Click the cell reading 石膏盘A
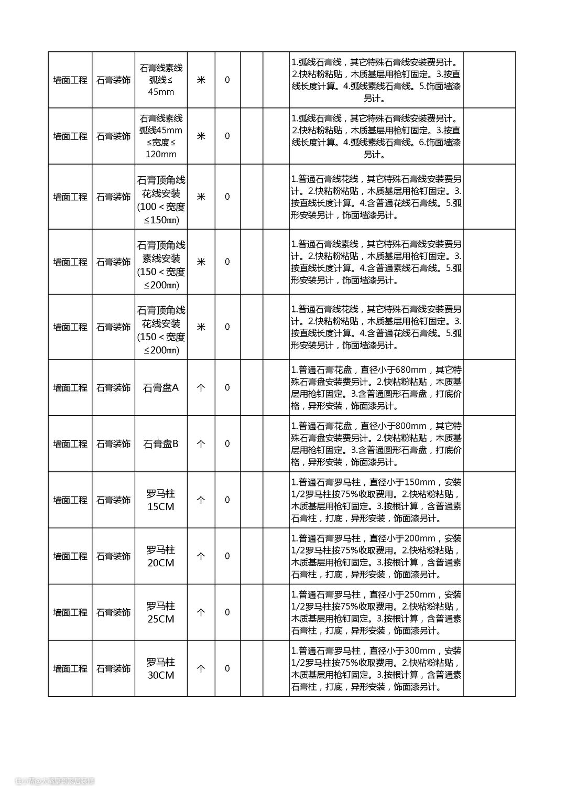click(161, 388)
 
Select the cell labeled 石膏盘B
click(161, 444)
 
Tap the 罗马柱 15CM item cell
click(161, 500)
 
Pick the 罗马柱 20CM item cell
click(161, 556)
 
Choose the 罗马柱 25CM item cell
click(161, 612)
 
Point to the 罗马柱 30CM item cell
click(161, 668)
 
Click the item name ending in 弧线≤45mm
click(161, 80)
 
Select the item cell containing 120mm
click(161, 136)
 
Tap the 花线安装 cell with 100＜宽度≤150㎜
click(161, 197)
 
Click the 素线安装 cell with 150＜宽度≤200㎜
click(161, 262)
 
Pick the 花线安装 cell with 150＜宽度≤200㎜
click(161, 327)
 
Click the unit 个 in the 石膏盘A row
click(201, 388)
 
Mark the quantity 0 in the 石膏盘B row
click(227, 444)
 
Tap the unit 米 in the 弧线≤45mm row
click(201, 80)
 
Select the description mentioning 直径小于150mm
click(376, 500)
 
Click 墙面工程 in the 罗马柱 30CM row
click(70, 668)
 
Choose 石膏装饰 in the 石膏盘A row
click(113, 388)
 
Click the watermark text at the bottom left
click(55, 781)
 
